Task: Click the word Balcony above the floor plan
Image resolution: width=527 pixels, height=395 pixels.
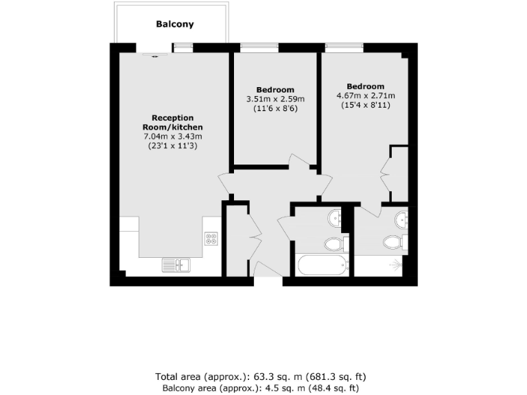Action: click(175, 24)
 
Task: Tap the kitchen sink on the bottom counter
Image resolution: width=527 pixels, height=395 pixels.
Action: click(177, 264)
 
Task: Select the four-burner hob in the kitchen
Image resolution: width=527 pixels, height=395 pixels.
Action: click(211, 239)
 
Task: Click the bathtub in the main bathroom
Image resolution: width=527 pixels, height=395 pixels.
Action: click(322, 265)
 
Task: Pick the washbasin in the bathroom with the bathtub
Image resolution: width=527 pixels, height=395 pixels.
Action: click(336, 218)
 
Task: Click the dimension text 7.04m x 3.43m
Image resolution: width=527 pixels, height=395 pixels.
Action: click(172, 136)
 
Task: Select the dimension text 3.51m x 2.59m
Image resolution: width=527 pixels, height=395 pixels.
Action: click(275, 99)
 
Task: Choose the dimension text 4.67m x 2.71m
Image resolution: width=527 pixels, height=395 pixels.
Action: click(366, 95)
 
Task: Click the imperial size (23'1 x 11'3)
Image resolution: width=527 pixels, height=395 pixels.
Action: click(172, 145)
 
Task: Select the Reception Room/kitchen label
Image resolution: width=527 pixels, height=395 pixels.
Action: click(172, 123)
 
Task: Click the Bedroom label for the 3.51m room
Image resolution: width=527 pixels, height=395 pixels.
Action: click(275, 90)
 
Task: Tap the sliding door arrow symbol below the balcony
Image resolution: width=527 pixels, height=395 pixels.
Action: click(154, 56)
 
